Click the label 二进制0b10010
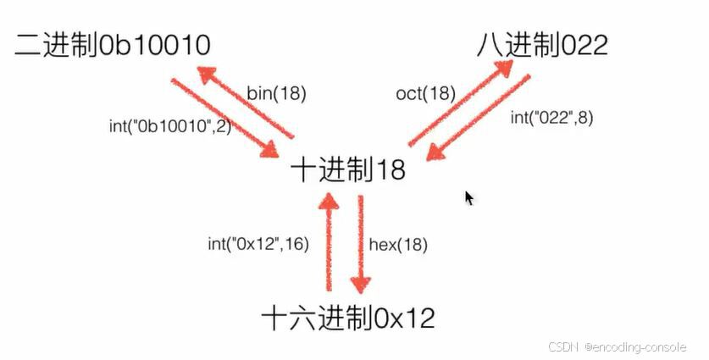click(112, 45)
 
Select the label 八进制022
click(540, 45)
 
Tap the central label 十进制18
click(348, 169)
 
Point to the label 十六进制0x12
click(348, 318)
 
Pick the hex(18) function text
click(398, 245)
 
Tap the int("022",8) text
click(551, 119)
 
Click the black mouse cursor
click(469, 197)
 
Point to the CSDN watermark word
click(562, 346)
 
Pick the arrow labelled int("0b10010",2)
click(224, 117)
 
